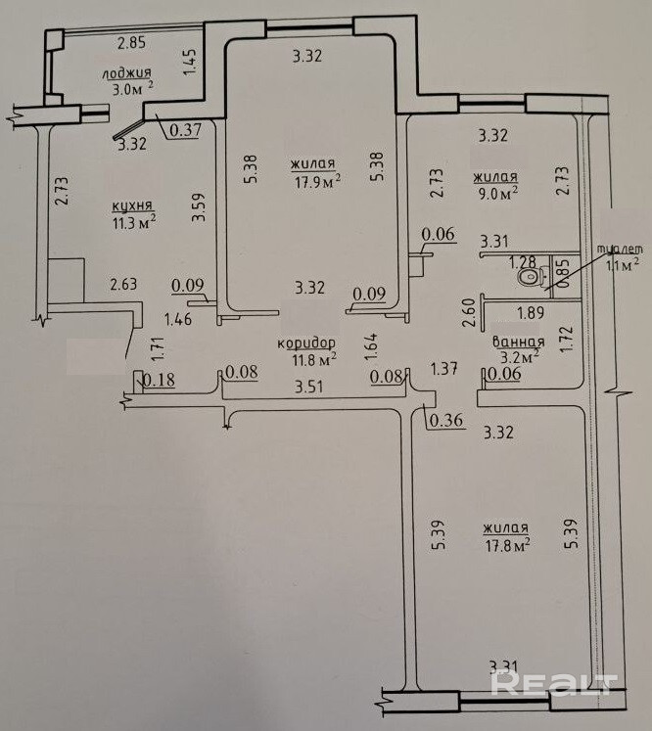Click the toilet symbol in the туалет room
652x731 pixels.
click(x=533, y=279)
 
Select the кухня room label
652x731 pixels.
click(x=131, y=206)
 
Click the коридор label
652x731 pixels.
click(x=306, y=343)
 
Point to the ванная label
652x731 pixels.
click(x=518, y=343)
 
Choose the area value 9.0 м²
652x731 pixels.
click(x=496, y=193)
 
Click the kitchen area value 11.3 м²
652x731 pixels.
click(x=133, y=222)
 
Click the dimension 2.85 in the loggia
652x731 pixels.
click(x=130, y=42)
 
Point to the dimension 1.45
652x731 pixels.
click(x=190, y=64)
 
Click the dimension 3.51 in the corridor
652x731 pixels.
click(x=308, y=386)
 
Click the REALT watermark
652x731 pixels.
click(x=554, y=682)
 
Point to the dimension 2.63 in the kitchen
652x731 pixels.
click(x=123, y=285)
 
